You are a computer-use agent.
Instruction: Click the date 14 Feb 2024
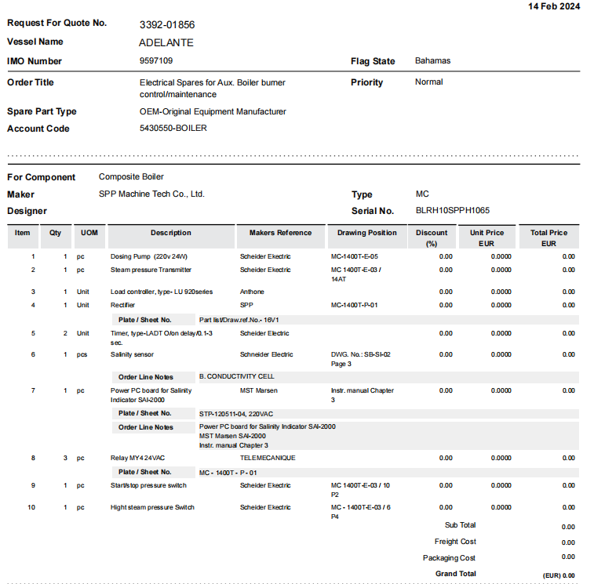pyautogui.click(x=554, y=6)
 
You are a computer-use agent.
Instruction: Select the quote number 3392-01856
pyautogui.click(x=167, y=24)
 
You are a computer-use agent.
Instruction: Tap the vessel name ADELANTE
pyautogui.click(x=166, y=42)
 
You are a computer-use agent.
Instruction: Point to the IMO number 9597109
pyautogui.click(x=156, y=61)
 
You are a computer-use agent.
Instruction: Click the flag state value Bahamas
pyautogui.click(x=432, y=61)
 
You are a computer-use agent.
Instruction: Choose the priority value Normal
pyautogui.click(x=428, y=82)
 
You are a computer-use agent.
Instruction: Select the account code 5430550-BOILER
pyautogui.click(x=173, y=129)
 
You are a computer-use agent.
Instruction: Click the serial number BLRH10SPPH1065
pyautogui.click(x=452, y=211)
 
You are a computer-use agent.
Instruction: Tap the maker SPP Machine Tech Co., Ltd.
pyautogui.click(x=151, y=194)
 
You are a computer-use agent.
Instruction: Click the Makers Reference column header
pyautogui.click(x=280, y=233)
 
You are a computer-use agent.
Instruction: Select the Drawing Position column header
pyautogui.click(x=366, y=233)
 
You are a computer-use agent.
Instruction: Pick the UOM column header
pyautogui.click(x=89, y=233)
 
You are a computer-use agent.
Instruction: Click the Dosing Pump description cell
pyautogui.click(x=149, y=256)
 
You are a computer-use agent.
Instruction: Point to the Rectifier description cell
pyautogui.click(x=123, y=305)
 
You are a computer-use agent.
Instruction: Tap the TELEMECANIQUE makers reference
pyautogui.click(x=268, y=458)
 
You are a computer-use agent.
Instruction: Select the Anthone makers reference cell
pyautogui.click(x=252, y=292)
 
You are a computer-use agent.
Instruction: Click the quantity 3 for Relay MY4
pyautogui.click(x=65, y=458)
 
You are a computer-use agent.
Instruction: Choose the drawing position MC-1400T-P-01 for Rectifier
pyautogui.click(x=355, y=305)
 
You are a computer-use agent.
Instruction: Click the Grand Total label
pyautogui.click(x=455, y=574)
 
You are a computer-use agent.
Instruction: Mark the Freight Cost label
pyautogui.click(x=455, y=542)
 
